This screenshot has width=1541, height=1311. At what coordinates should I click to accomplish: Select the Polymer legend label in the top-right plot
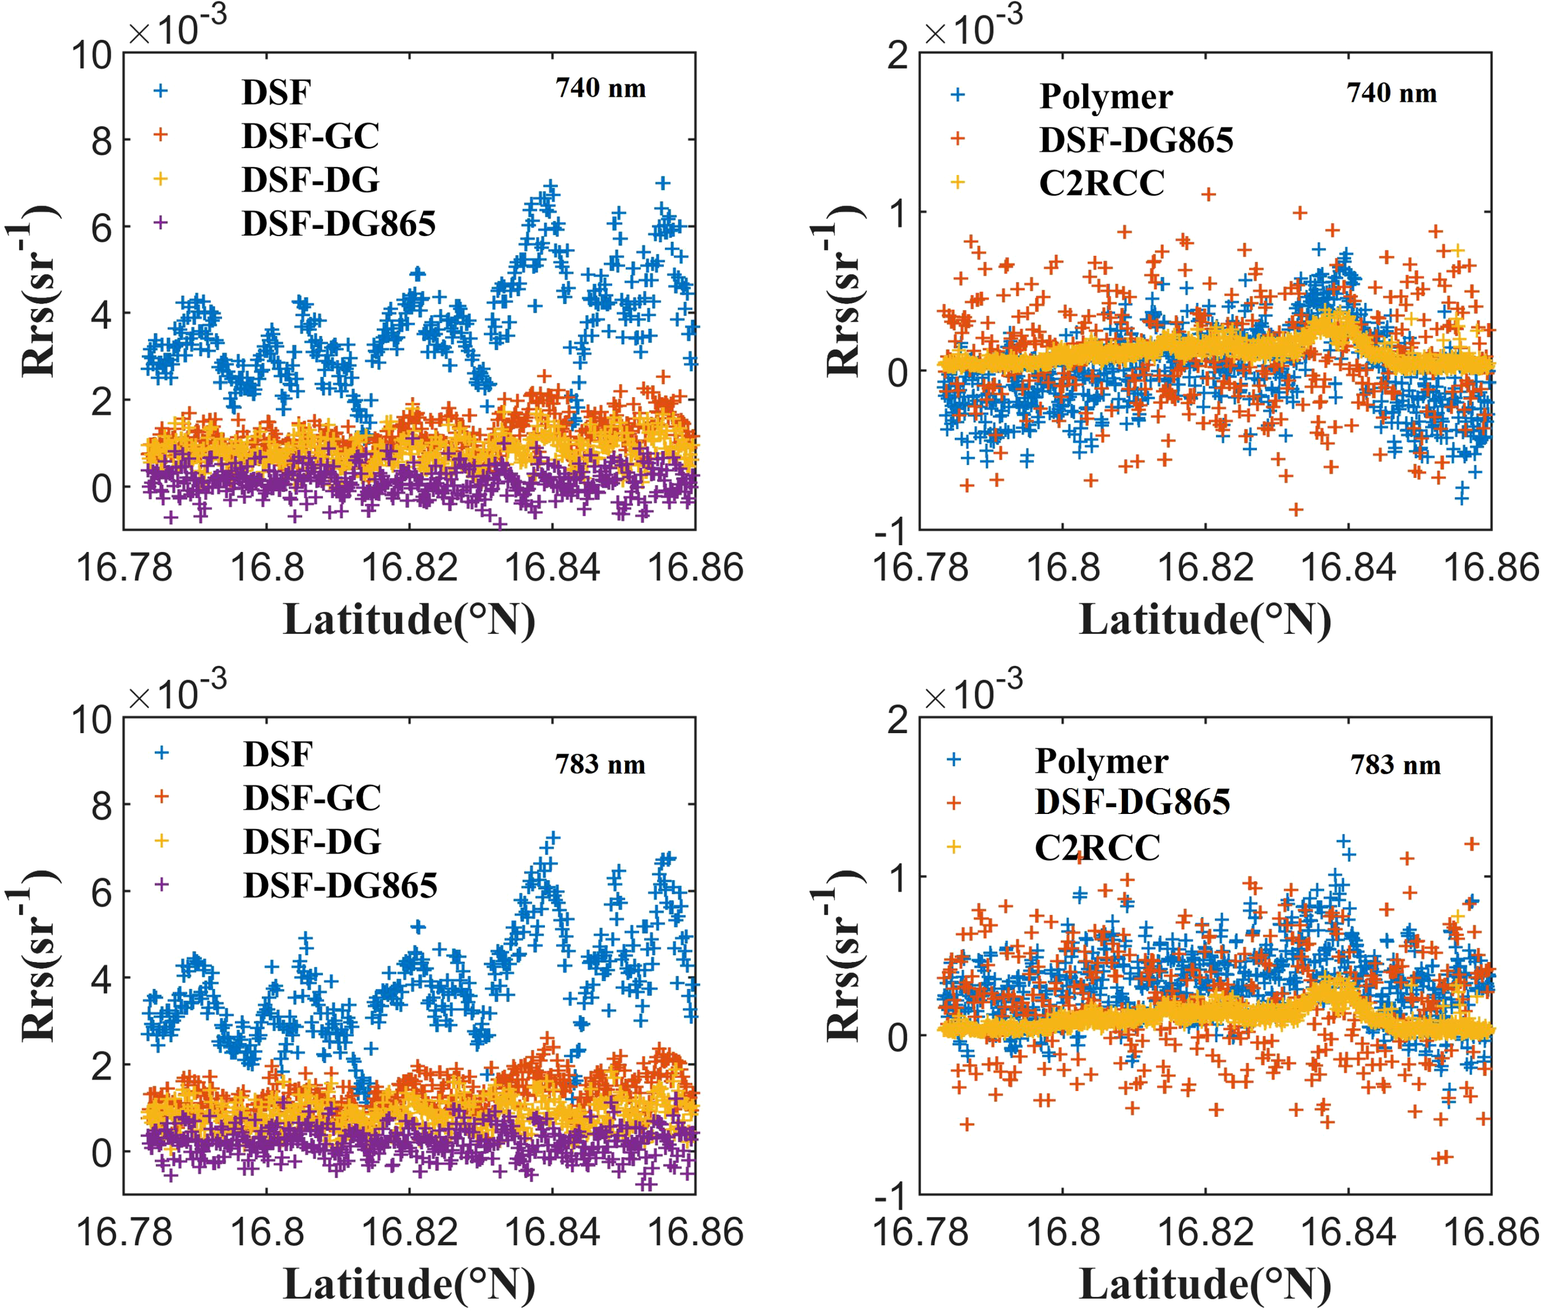pos(1106,96)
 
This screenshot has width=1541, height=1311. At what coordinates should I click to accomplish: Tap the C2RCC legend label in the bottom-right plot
pos(1097,847)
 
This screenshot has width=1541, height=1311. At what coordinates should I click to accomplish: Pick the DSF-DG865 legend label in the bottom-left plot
pos(340,885)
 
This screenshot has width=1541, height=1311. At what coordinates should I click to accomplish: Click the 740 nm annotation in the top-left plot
pos(600,88)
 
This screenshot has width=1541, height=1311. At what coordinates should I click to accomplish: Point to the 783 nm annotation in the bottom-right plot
pos(1396,765)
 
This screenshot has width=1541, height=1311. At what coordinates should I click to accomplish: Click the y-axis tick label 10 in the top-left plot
pos(91,55)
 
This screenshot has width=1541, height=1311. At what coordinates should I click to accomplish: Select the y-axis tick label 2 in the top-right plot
pos(897,55)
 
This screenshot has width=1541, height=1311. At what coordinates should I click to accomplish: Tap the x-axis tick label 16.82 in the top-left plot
pos(409,568)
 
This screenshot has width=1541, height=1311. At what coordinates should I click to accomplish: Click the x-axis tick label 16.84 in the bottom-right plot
pos(1349,1232)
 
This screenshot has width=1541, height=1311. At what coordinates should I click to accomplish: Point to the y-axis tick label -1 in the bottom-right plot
pos(891,1196)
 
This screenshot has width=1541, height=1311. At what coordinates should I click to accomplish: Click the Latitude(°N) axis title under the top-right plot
pos(1204,619)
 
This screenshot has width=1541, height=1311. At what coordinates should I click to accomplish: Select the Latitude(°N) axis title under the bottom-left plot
pos(409,1283)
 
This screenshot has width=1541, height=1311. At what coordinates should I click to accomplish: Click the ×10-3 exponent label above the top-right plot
pos(973,28)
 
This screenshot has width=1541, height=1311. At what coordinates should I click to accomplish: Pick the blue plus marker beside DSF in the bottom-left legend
pos(161,753)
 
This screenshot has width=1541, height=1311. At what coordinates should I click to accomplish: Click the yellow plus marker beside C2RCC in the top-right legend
pos(958,182)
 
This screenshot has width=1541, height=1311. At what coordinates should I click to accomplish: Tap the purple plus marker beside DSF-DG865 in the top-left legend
pos(160,222)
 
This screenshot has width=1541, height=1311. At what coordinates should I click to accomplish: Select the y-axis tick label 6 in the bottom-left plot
pos(102,892)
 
